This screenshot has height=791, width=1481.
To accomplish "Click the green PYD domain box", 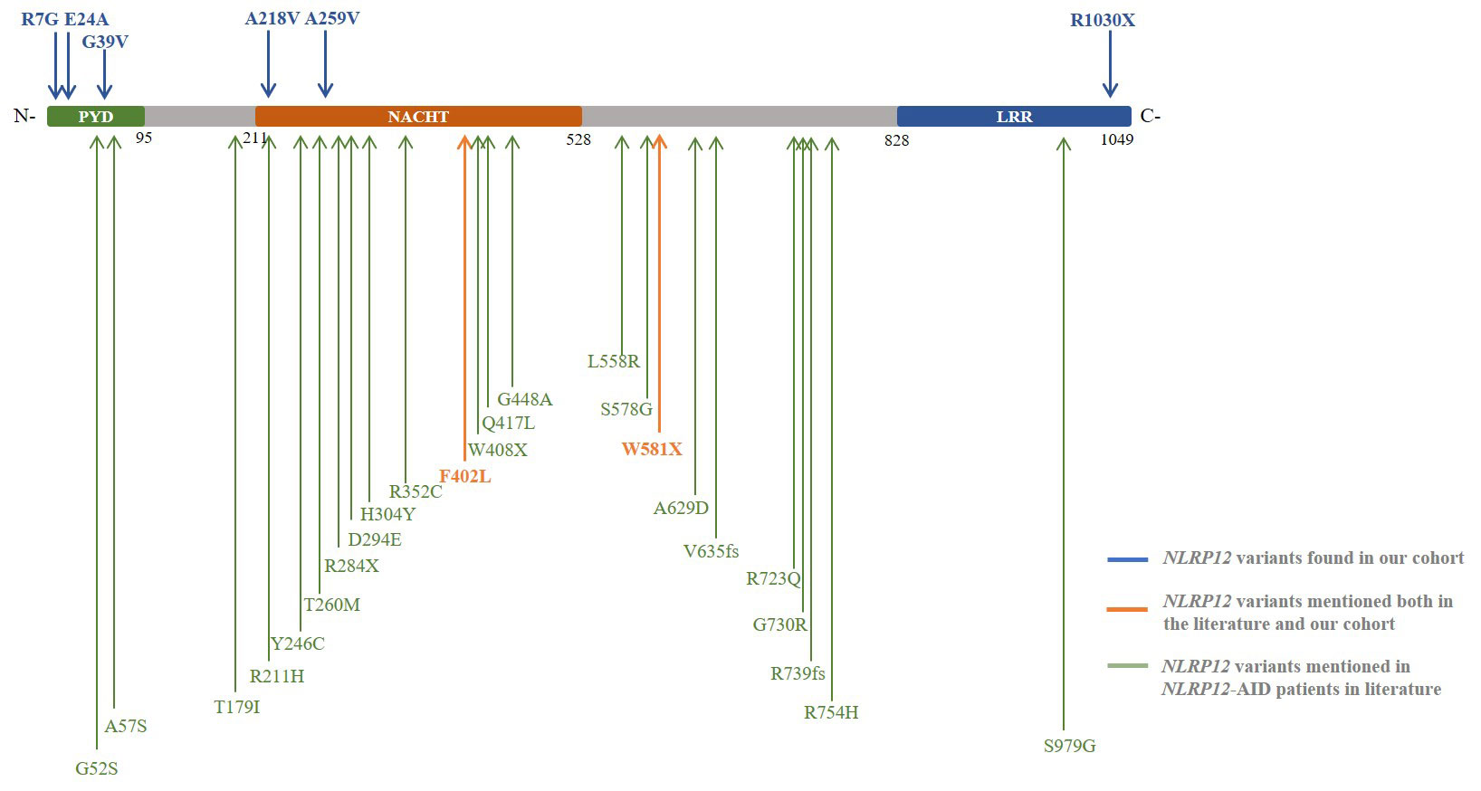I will (x=95, y=117).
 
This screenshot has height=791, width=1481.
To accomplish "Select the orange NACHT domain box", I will (x=418, y=117).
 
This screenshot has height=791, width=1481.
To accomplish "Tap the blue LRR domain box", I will (x=1014, y=117).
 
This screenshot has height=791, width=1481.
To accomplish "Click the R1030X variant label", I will (x=1102, y=20).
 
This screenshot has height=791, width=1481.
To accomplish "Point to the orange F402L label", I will (x=465, y=477).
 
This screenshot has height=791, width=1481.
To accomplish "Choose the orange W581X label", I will (x=652, y=449).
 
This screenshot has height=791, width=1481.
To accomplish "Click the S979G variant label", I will (x=1069, y=747).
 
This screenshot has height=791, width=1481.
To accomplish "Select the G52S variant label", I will (x=97, y=769).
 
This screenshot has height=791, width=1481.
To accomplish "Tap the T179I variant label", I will (x=237, y=708).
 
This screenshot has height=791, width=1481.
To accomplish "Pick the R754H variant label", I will (x=831, y=713).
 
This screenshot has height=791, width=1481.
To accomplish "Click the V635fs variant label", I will (x=711, y=551).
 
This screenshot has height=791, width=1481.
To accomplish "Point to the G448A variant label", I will (x=524, y=399).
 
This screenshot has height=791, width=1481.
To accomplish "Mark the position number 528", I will (x=578, y=139).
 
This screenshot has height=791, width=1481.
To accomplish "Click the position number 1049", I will (x=1116, y=139).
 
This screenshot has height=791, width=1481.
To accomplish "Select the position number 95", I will (x=144, y=138).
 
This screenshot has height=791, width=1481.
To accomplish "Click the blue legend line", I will (x=1127, y=560).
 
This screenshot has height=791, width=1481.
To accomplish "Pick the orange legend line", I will (x=1127, y=609).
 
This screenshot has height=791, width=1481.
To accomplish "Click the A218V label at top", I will (x=272, y=19).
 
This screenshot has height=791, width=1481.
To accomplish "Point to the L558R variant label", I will (x=614, y=362).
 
